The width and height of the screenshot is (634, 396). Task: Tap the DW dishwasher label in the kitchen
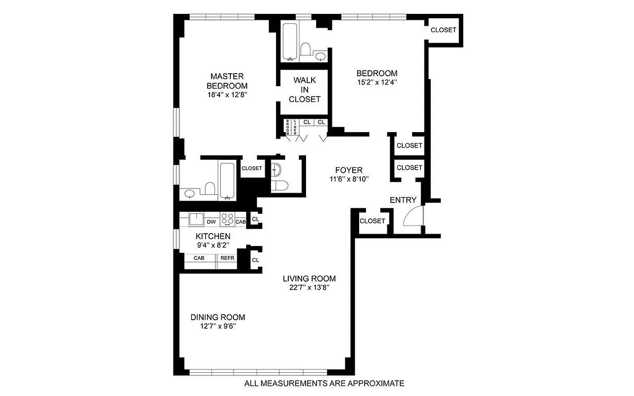[x=211, y=222]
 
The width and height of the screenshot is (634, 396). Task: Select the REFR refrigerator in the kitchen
[x=227, y=258]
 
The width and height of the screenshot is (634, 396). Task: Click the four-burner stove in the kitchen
[x=227, y=219]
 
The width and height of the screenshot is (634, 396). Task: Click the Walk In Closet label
[x=305, y=90]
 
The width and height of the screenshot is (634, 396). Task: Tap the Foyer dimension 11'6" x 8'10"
[x=349, y=179]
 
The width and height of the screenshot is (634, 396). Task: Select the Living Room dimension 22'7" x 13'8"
[x=309, y=287]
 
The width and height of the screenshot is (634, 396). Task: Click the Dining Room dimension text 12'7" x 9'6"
[x=217, y=326]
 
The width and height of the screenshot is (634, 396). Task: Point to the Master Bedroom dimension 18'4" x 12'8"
[x=227, y=95]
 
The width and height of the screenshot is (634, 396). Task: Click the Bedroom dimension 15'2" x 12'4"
[x=377, y=82]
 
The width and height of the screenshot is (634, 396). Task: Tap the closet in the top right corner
[x=443, y=30]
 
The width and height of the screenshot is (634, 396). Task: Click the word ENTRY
[x=403, y=200]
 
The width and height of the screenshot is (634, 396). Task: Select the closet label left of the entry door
[x=372, y=221]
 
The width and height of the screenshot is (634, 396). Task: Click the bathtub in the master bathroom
[x=228, y=180]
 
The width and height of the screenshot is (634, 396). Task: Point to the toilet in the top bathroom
[x=306, y=50]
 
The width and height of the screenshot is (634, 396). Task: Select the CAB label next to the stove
[x=241, y=222]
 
